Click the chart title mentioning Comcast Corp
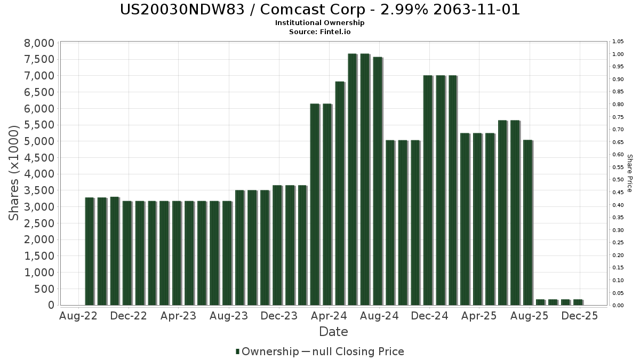coord(320,10)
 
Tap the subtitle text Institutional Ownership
coord(320,23)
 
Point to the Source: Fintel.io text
coord(320,31)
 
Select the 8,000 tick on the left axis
coord(39,43)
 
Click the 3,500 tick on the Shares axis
coord(39,190)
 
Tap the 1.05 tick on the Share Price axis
coord(618,42)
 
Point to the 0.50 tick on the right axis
coord(618,180)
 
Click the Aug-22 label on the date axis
coord(79,316)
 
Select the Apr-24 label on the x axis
coord(330,316)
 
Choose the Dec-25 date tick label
coord(580,316)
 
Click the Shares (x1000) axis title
coord(15,173)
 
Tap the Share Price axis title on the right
coord(629,173)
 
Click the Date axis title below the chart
coord(333,332)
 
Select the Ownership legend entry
coord(268,351)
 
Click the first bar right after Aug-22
coord(89,251)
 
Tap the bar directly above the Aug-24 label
coord(377,181)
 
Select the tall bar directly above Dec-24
coord(427,190)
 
